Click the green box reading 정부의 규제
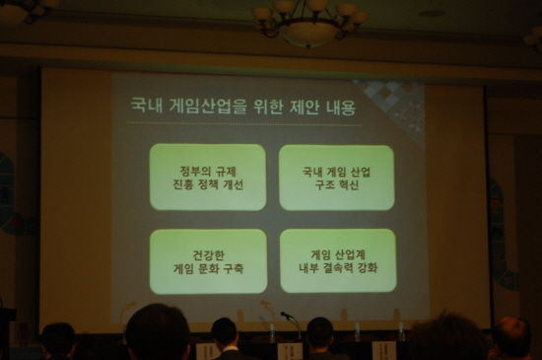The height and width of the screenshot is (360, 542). pyautogui.click(x=208, y=178)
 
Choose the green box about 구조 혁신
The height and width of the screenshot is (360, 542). pyautogui.click(x=337, y=178)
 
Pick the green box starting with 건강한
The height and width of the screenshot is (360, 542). pyautogui.click(x=209, y=261)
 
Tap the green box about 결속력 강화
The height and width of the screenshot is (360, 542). pyautogui.click(x=338, y=260)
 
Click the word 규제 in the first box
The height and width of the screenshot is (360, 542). pyautogui.click(x=226, y=172)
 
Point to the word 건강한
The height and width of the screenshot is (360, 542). pyautogui.click(x=209, y=255)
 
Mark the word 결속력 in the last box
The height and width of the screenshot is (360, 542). pyautogui.click(x=338, y=267)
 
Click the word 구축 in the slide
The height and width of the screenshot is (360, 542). pyautogui.click(x=234, y=268)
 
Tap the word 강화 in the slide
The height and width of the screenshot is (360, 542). pyautogui.click(x=368, y=267)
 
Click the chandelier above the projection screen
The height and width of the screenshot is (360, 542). pyautogui.click(x=309, y=22)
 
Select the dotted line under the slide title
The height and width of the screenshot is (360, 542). pyautogui.click(x=244, y=123)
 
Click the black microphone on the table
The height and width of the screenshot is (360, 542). pyautogui.click(x=287, y=315)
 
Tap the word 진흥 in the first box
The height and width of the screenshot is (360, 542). pyautogui.click(x=182, y=184)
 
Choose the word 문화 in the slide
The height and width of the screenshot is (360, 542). pyautogui.click(x=208, y=268)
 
